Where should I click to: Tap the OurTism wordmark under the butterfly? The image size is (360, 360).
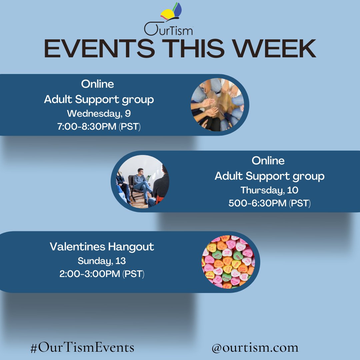pos(168,30)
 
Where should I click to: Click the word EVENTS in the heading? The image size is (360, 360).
pos(99,49)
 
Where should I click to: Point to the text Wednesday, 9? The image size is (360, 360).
pos(99,114)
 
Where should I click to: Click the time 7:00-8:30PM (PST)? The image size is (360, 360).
pos(99,127)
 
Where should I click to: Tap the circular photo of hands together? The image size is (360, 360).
pos(217,105)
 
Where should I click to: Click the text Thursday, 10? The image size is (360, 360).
pos(269,190)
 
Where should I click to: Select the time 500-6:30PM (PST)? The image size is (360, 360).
pos(269,204)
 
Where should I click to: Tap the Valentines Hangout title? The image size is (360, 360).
pos(102,247)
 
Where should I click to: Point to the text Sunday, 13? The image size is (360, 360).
pos(102,261)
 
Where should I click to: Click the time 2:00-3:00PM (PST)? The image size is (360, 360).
pos(102,274)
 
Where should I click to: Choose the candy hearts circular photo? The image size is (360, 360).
pos(228,262)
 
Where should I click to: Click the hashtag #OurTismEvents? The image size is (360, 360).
pos(82,348)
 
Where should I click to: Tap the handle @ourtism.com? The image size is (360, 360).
pos(255,348)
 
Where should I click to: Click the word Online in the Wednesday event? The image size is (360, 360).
pos(97,84)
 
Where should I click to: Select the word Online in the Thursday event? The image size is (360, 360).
pos(268,161)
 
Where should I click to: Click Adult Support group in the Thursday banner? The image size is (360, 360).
pos(269,176)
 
